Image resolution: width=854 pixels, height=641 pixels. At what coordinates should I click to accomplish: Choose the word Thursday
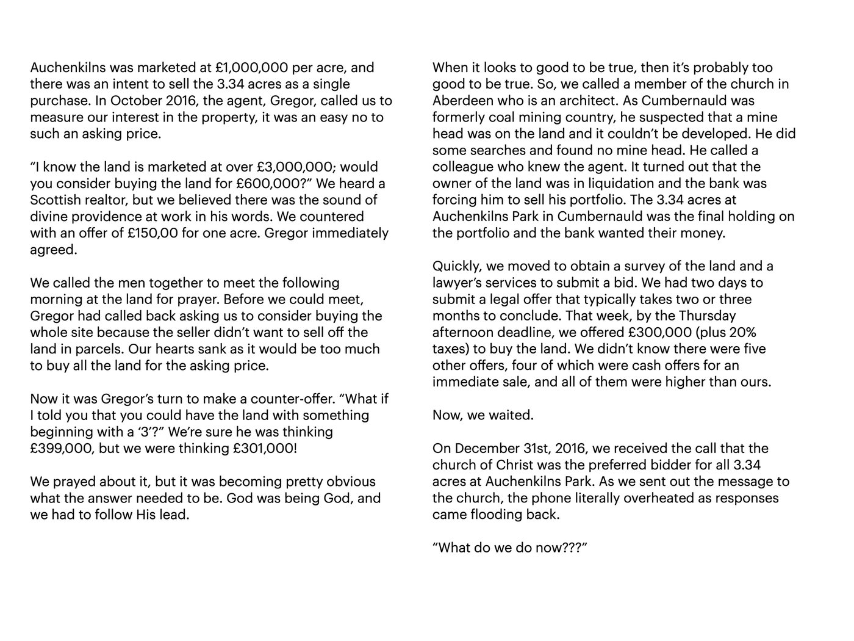tap(707, 316)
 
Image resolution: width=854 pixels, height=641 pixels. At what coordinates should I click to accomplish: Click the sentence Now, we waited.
tap(483, 415)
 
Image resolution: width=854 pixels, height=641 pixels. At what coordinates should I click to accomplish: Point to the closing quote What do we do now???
tap(510, 547)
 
